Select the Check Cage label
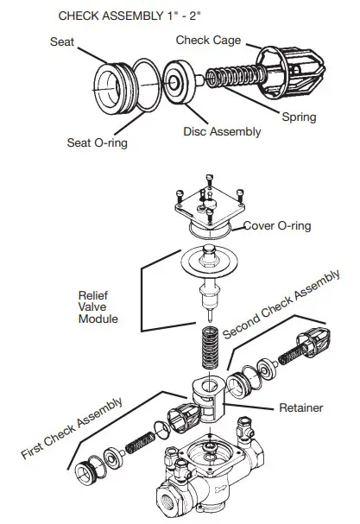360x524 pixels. pos(208,40)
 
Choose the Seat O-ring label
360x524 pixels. pos(98,142)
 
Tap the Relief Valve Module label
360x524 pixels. pos(96,306)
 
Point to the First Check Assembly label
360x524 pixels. pos(73,429)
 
